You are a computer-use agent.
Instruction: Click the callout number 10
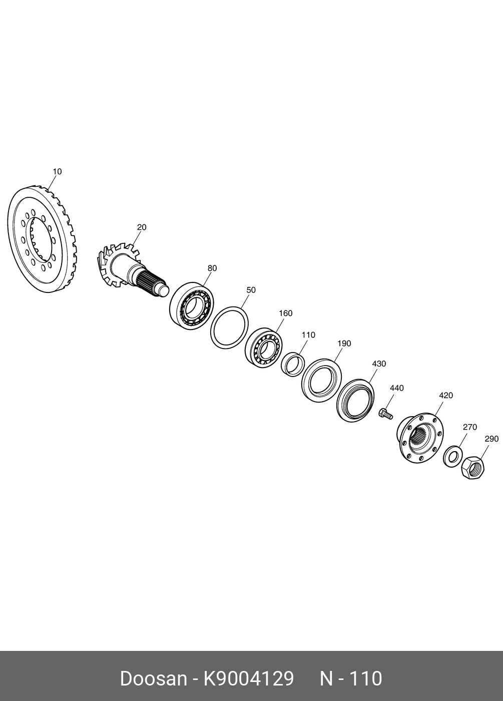(x=57, y=172)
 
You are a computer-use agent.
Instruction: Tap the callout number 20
(x=142, y=227)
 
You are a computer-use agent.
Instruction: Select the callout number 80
(x=212, y=268)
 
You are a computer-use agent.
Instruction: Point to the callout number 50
(x=251, y=290)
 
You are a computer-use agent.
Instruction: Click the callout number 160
(x=285, y=313)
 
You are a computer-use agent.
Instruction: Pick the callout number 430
(x=379, y=364)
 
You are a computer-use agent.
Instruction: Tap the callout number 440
(x=396, y=388)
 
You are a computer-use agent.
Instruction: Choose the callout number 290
(x=491, y=439)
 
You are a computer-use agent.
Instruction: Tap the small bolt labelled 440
(x=386, y=414)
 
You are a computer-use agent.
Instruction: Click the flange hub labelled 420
(x=420, y=438)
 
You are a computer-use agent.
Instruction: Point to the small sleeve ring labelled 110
(x=292, y=364)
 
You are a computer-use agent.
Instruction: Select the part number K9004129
(x=248, y=679)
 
